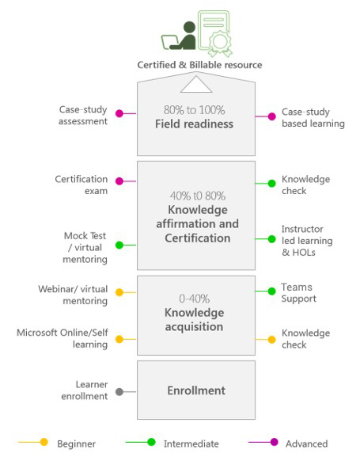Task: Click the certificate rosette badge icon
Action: pyautogui.click(x=220, y=43)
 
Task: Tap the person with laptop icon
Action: pyautogui.click(x=179, y=36)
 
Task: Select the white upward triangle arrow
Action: pyautogui.click(x=196, y=84)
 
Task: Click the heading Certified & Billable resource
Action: pyautogui.click(x=199, y=65)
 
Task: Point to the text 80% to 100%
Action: pyautogui.click(x=195, y=110)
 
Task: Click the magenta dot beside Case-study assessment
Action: pyautogui.click(x=119, y=113)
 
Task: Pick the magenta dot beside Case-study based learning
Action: pyautogui.click(x=271, y=116)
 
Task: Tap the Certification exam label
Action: pyautogui.click(x=81, y=185)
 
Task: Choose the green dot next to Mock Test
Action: pyautogui.click(x=119, y=245)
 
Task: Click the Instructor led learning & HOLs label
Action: pyautogui.click(x=307, y=241)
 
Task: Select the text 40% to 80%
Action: pyautogui.click(x=198, y=196)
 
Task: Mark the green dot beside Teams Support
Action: pyautogui.click(x=271, y=291)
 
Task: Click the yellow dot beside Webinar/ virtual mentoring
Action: pyautogui.click(x=119, y=292)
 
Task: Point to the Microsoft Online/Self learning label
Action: pyautogui.click(x=63, y=338)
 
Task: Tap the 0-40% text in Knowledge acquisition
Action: pyautogui.click(x=195, y=299)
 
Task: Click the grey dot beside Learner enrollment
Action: pyautogui.click(x=119, y=392)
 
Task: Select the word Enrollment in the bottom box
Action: pyautogui.click(x=196, y=390)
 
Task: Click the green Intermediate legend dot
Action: pyautogui.click(x=151, y=442)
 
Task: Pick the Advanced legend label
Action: pyautogui.click(x=307, y=444)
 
